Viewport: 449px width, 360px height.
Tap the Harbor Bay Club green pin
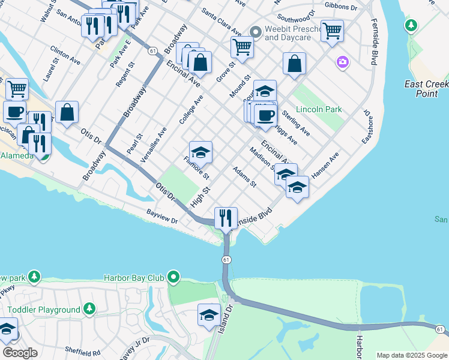pos(174,277)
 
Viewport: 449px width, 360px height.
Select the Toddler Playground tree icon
pos(89,309)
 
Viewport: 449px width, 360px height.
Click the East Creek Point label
pos(426,89)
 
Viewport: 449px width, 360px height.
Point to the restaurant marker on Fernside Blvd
pos(226,218)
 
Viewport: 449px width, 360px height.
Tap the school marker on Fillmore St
pos(200,151)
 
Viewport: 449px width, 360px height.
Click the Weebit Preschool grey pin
pos(255,31)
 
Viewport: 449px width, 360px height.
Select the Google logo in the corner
pos(20,353)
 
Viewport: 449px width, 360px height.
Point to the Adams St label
pos(244,176)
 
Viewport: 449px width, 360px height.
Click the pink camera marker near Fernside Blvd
pos(342,61)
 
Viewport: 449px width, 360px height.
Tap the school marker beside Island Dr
pos(208,314)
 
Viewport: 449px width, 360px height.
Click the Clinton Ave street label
pos(65,56)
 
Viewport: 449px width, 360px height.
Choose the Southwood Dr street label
pos(296,11)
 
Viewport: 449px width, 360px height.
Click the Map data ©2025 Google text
pos(412,355)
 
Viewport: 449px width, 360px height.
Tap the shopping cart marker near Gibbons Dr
pos(332,30)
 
